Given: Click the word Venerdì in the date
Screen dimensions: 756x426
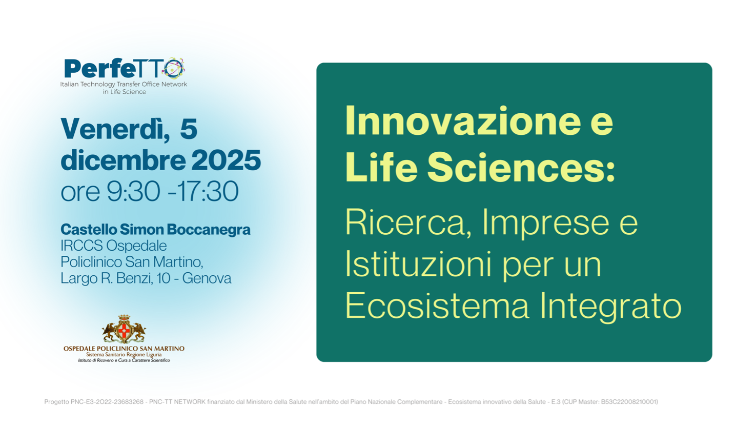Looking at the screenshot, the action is (115, 129).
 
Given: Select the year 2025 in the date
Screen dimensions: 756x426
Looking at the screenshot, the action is (226, 160).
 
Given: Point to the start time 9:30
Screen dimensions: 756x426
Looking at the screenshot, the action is (133, 191).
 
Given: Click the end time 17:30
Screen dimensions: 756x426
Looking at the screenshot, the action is (207, 191).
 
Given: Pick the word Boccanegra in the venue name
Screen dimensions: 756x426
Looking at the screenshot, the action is (209, 230).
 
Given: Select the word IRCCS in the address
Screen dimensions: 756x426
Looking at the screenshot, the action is (81, 246).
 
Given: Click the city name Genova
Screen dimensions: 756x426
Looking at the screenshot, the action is (207, 278).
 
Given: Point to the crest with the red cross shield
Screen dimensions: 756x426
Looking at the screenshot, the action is (124, 329).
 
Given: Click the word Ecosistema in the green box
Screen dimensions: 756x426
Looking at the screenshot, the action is (437, 305).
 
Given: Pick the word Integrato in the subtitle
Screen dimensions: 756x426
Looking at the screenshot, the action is (611, 306).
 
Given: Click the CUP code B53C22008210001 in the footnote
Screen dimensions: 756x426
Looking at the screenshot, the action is (629, 402).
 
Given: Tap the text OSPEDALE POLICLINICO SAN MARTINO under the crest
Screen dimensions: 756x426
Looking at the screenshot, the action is (124, 349).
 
